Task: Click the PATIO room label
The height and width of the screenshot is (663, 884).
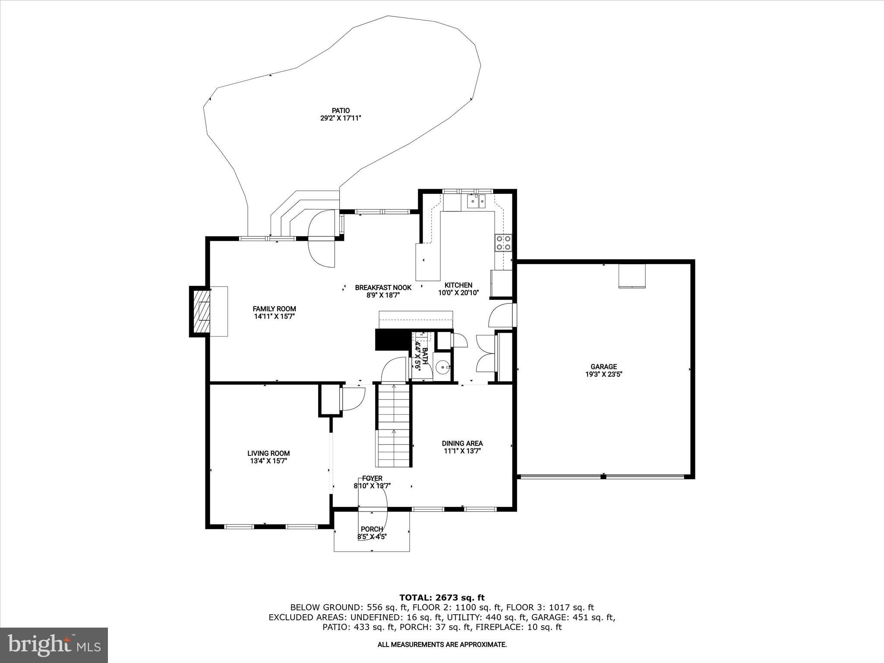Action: point(341,110)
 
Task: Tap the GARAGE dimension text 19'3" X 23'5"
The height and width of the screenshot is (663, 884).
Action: point(603,374)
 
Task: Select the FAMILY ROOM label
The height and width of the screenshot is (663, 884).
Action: point(274,309)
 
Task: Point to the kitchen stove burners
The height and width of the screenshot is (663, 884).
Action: point(503,243)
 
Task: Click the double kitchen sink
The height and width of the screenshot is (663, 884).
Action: point(477,201)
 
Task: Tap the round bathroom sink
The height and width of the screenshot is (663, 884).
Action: point(442,368)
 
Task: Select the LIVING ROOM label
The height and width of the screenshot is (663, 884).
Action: point(268,453)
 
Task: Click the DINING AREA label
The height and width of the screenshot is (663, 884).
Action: point(462,443)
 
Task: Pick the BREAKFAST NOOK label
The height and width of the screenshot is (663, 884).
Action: point(383,287)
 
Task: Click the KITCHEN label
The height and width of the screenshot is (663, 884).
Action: point(458,285)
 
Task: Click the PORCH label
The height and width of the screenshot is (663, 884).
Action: point(372,529)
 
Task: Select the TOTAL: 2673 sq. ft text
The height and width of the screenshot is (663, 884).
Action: point(442,598)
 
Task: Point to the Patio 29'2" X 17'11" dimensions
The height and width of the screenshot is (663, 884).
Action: point(341,118)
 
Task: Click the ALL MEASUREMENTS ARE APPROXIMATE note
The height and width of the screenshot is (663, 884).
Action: point(442,645)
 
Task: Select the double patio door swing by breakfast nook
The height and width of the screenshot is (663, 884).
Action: point(322,238)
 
